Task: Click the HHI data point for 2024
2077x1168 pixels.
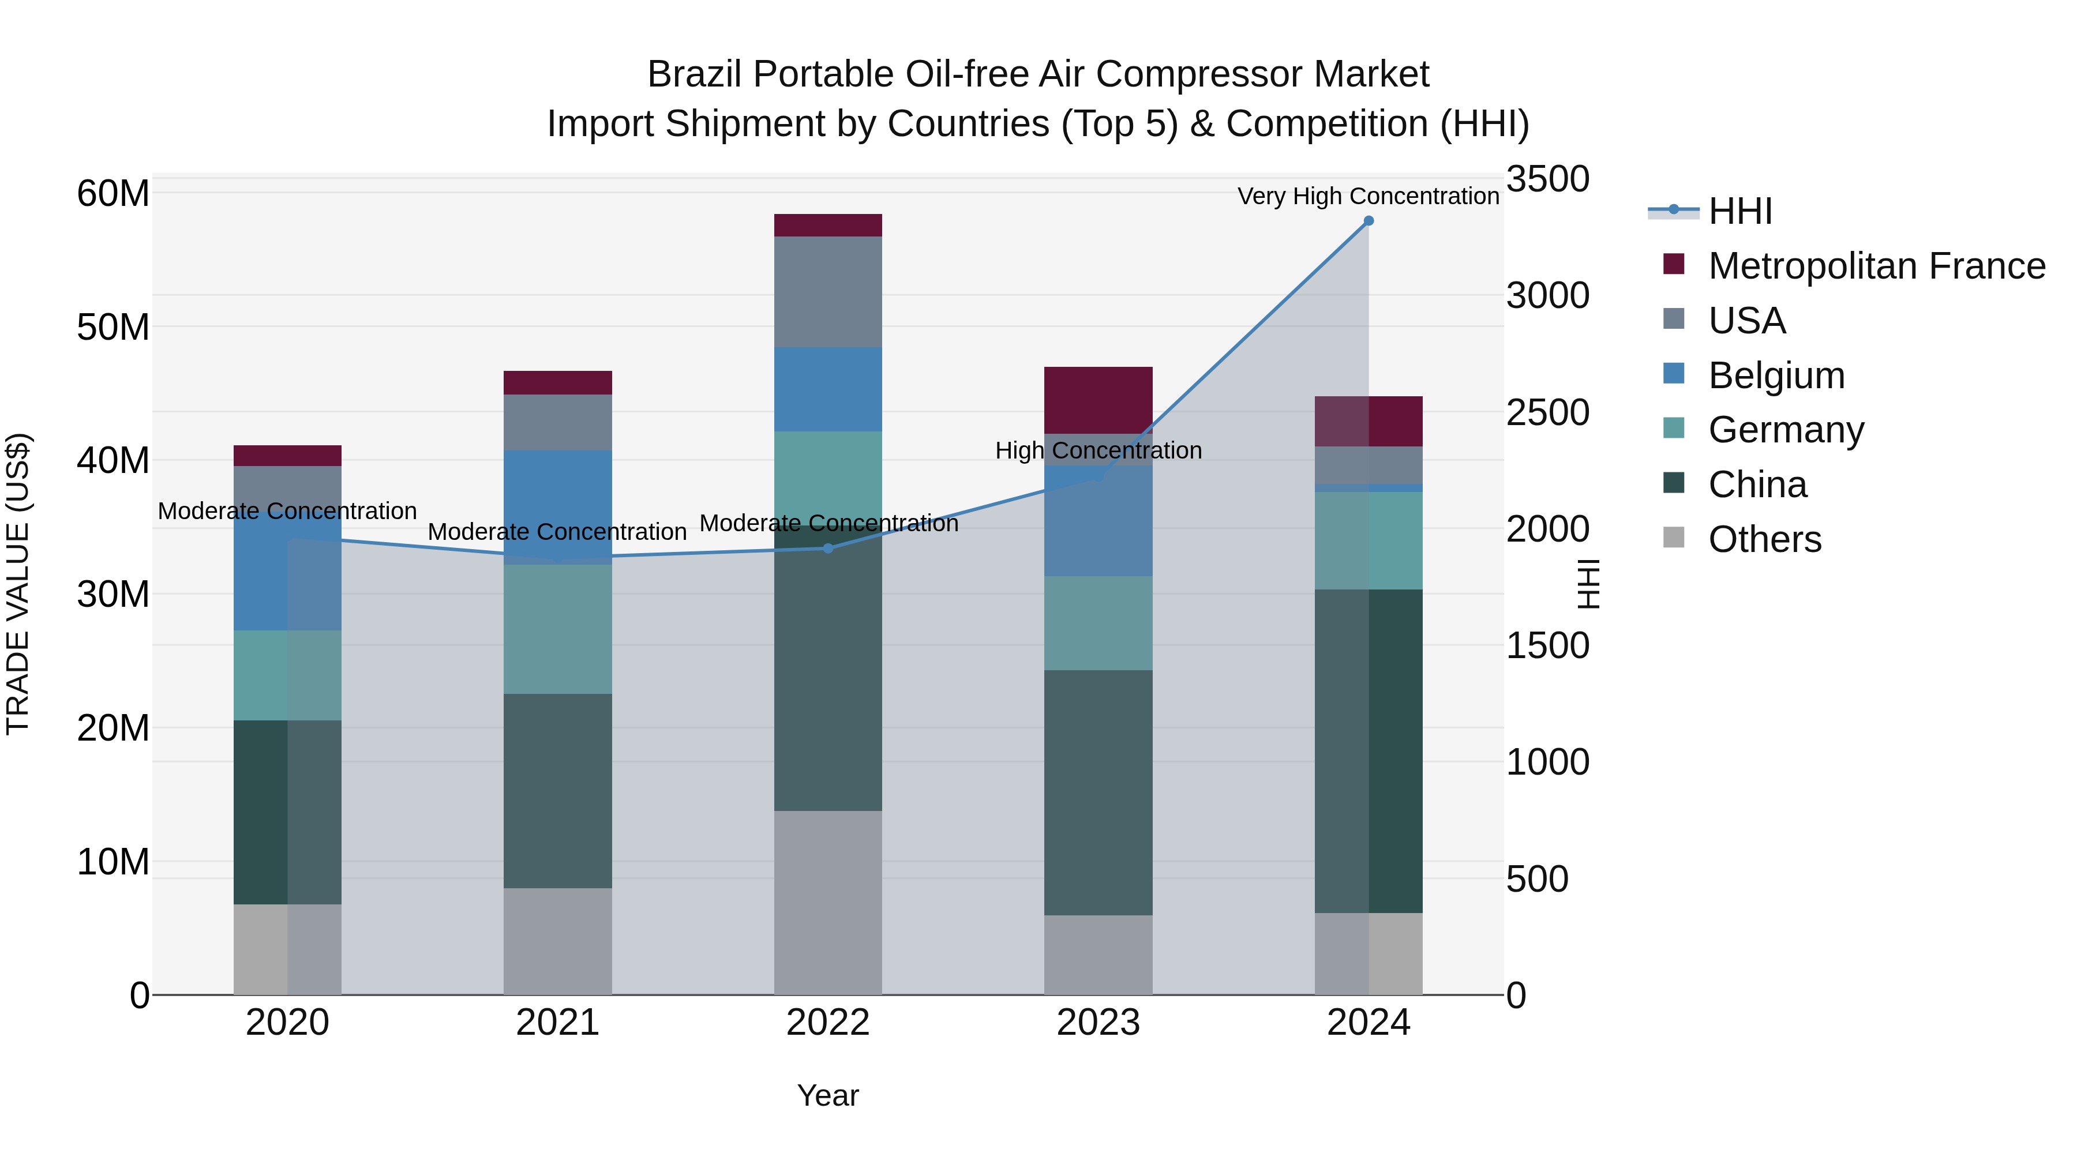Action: [1369, 221]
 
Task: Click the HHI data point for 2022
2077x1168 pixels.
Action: [828, 548]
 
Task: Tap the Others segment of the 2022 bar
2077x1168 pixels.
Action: [828, 902]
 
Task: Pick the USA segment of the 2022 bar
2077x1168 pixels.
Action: [828, 292]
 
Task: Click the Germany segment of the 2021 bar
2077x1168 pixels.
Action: [558, 629]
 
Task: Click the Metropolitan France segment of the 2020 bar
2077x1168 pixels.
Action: [288, 456]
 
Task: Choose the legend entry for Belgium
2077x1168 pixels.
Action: [1776, 375]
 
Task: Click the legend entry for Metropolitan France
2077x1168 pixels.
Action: [1876, 266]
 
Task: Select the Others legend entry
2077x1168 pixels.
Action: [1764, 539]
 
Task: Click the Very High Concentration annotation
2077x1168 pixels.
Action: [1369, 196]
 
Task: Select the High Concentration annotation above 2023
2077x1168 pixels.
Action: [1098, 450]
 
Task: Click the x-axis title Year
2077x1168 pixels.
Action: [828, 1095]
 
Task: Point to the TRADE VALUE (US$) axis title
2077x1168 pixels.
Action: [18, 584]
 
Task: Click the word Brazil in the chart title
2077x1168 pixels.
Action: [691, 75]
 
